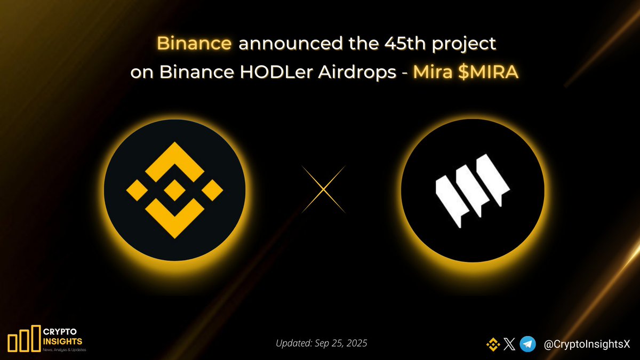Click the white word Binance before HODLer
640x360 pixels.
tap(182, 73)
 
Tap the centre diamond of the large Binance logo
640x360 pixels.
tap(174, 190)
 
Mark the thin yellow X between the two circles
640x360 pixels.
tap(324, 189)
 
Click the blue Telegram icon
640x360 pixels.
tap(528, 345)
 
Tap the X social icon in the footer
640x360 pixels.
tap(509, 345)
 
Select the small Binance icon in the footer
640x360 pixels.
tap(492, 345)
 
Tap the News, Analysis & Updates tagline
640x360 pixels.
tap(63, 350)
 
